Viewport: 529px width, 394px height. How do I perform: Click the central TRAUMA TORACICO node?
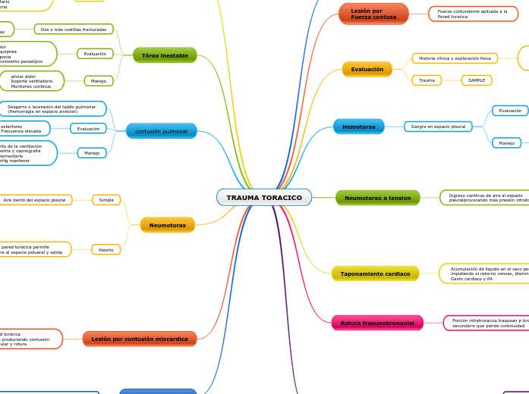coord(263,198)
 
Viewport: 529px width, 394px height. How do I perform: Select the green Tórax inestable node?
coord(165,55)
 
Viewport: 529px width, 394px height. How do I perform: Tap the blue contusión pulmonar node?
coord(161,131)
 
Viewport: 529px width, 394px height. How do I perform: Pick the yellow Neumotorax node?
coord(167,225)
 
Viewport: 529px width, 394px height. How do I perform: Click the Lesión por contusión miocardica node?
coord(139,339)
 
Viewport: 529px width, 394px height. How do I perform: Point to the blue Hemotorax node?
coord(358,127)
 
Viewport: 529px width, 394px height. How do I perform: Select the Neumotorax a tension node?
coord(377,198)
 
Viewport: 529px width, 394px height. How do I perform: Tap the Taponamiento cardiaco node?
coord(375,274)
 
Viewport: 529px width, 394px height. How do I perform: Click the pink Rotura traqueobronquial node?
coord(376,323)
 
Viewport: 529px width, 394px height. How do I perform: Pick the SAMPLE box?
coord(476,80)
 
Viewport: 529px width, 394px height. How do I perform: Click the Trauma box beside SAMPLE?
coord(427,80)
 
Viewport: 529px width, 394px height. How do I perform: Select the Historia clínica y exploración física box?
coord(455,58)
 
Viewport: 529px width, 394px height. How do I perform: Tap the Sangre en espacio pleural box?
coord(438,127)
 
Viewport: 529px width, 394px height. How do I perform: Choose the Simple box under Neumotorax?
coord(106,200)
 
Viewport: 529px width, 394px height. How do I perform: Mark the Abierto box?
coord(105,249)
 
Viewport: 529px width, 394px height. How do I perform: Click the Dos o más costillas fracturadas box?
coord(74,29)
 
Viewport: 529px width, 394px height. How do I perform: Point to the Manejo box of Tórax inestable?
coord(99,80)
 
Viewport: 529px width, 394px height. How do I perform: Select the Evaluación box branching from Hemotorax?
coord(509,111)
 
